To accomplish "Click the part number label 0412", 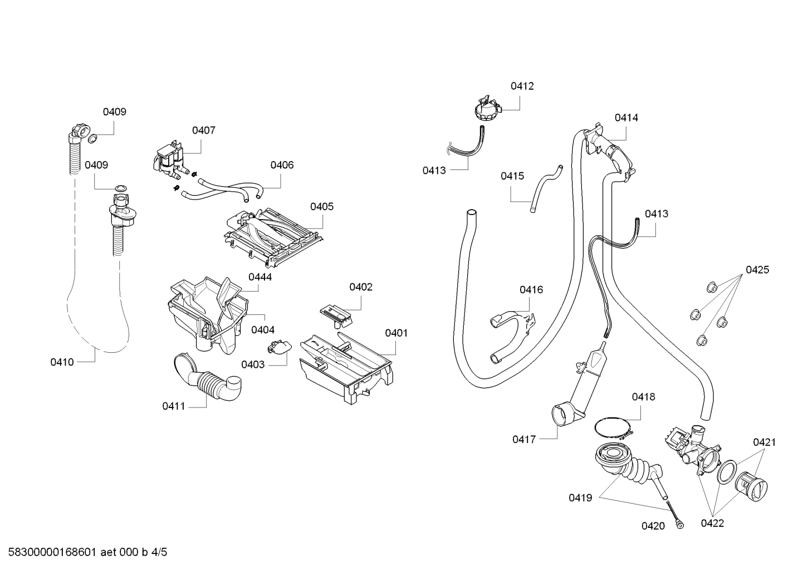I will [x=522, y=86].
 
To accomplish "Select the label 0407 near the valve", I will [x=203, y=130].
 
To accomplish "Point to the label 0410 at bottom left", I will [x=62, y=362].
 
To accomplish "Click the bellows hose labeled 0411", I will [x=209, y=379].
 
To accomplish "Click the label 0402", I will [x=361, y=287].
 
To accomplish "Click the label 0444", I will [x=260, y=277].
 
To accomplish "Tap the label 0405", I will [x=322, y=207].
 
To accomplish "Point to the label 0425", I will [x=757, y=270].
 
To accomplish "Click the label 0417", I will [x=524, y=440].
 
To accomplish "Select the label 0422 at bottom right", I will [x=712, y=523].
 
